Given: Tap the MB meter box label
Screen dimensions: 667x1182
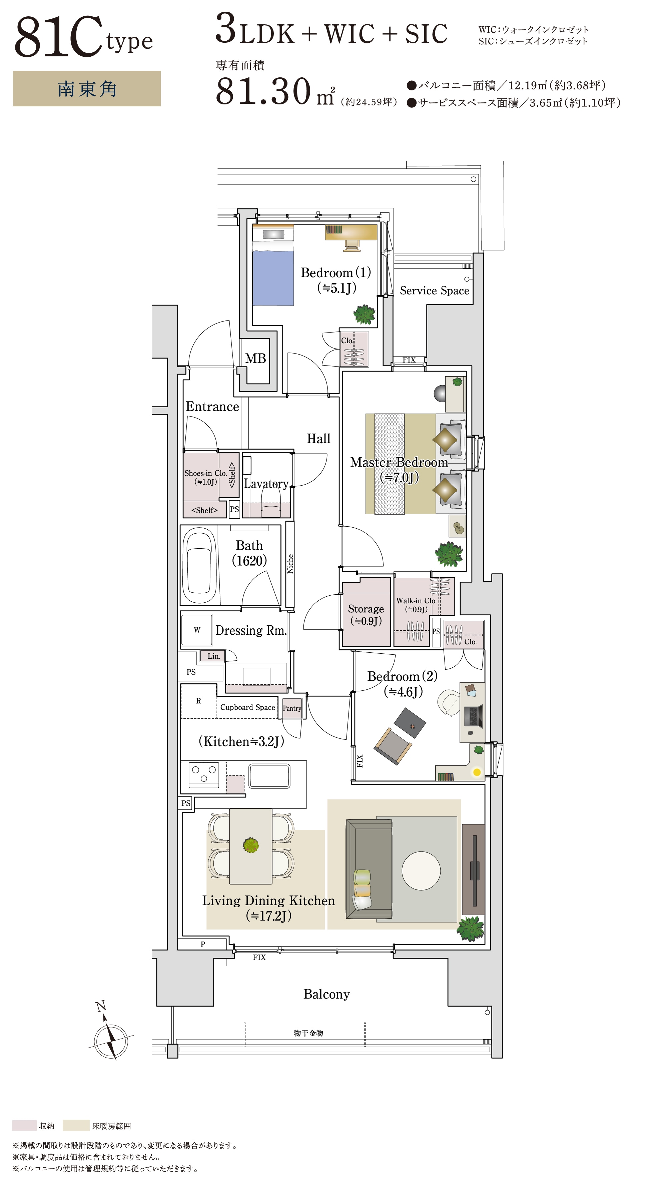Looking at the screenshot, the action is (x=255, y=358).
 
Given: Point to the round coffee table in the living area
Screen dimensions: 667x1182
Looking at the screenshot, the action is (x=421, y=870).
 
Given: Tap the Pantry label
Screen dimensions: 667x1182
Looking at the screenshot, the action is (x=292, y=708).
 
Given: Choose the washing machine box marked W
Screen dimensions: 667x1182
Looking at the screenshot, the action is (x=197, y=630).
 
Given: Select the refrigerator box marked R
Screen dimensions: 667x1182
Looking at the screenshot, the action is (x=199, y=701).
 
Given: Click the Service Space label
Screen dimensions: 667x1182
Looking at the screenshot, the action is (x=435, y=290).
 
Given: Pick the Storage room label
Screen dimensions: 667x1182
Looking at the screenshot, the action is (x=366, y=609).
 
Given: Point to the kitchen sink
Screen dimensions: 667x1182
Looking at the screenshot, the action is (x=269, y=775).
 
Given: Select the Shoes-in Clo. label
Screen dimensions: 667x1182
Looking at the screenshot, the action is (x=205, y=473).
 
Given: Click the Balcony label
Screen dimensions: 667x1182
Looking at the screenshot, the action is (x=326, y=994).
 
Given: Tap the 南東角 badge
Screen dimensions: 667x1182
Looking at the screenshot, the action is (x=87, y=89).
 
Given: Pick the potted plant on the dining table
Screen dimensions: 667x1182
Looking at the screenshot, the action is (x=251, y=845).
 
